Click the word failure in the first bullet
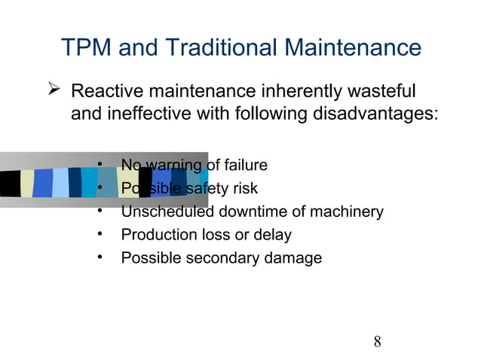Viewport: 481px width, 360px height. (x=244, y=165)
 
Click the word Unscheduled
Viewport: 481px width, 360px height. (x=168, y=212)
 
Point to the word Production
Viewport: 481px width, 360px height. (x=158, y=235)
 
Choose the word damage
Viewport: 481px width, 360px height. (x=296, y=258)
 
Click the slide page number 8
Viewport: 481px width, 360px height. (x=377, y=342)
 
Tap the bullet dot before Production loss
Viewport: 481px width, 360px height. (x=100, y=234)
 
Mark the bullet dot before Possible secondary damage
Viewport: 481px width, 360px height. (x=100, y=258)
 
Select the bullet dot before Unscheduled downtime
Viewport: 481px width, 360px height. (x=100, y=211)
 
